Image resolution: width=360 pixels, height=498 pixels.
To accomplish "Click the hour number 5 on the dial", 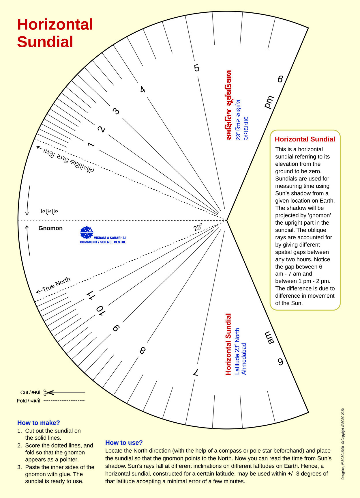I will point(197,68).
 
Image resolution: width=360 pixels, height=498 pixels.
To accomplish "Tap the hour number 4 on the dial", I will point(142,90).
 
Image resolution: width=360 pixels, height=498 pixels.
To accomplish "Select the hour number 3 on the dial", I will point(116,111).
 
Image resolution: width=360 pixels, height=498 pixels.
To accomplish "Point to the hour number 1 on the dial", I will point(91,144).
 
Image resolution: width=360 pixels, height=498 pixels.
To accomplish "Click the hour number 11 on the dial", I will point(91,295).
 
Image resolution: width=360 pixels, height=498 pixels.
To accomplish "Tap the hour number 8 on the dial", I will point(142,350).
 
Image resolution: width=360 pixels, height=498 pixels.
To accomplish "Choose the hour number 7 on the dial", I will point(196,372).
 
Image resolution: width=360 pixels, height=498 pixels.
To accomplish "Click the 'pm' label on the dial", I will point(269,102).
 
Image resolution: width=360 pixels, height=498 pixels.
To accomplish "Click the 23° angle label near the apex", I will point(198,227).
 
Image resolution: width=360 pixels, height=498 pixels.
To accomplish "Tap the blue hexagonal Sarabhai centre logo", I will point(87,233).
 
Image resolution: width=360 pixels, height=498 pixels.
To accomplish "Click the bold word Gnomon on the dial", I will point(50,228).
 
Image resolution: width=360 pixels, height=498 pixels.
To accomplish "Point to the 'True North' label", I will point(54,285).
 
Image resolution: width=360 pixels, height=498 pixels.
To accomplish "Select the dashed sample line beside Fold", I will point(64,400).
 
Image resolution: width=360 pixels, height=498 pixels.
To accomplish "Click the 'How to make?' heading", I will point(39,423).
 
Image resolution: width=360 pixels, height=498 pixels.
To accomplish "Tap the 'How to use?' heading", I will point(124,443).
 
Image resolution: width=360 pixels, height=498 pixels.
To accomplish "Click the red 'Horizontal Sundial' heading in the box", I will point(305,139).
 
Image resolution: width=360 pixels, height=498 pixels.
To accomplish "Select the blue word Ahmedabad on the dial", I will point(244,359).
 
